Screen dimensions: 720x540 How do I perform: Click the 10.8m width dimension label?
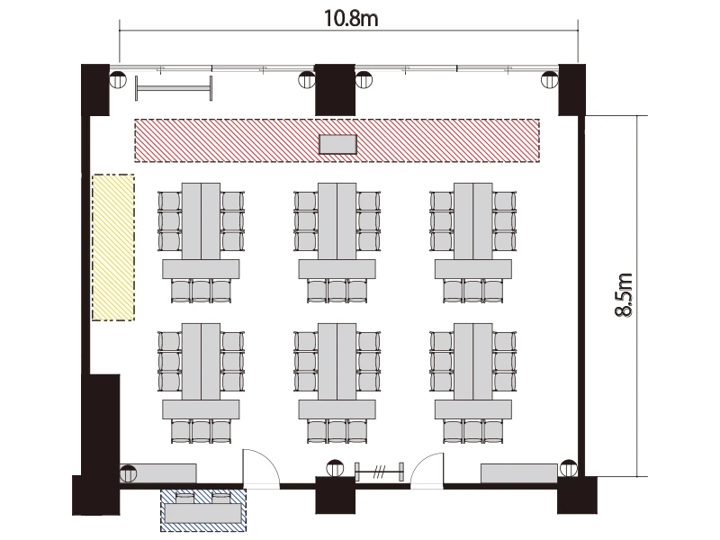click(x=351, y=18)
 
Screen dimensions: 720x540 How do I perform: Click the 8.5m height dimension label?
click(x=624, y=295)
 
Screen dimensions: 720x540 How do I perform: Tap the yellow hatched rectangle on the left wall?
click(x=113, y=247)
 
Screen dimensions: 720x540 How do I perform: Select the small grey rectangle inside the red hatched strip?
click(x=338, y=144)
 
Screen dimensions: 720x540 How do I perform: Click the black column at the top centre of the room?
click(x=335, y=90)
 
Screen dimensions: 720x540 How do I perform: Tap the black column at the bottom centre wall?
click(x=335, y=495)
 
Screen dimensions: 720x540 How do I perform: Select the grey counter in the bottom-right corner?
click(x=519, y=473)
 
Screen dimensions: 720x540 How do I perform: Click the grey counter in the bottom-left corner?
click(x=158, y=473)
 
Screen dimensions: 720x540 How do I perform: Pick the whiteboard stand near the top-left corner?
click(x=174, y=88)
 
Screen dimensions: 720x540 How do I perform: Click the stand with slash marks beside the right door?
click(x=380, y=472)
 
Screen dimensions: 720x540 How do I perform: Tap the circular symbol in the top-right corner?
click(x=550, y=79)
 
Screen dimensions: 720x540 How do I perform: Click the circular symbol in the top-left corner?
click(x=118, y=79)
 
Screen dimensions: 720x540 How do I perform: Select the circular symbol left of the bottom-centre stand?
click(x=335, y=468)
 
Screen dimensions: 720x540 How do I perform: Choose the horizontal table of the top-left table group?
click(x=201, y=269)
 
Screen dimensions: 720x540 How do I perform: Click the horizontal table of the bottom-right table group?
click(x=473, y=409)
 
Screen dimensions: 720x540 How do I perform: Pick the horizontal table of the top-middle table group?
click(x=337, y=269)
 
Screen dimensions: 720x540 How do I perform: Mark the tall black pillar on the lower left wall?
click(x=101, y=444)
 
